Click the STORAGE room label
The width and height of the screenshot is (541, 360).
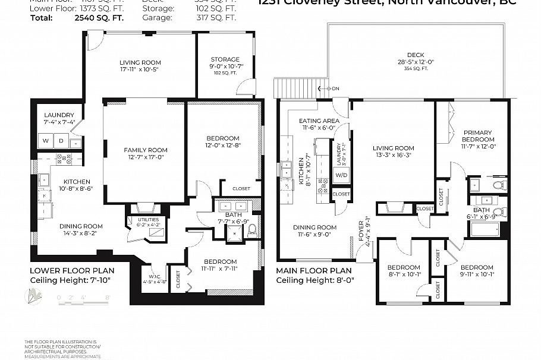coord(225,59)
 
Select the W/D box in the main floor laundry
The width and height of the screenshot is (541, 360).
coord(341,176)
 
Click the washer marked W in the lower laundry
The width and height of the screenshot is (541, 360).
coord(45,141)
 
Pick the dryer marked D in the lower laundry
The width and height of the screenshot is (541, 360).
coord(61,141)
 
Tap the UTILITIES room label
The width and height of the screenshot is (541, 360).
coord(136,219)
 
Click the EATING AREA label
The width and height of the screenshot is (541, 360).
coord(319,121)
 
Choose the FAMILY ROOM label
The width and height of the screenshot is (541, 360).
coord(146,150)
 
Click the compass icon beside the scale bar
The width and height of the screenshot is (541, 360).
coord(33,296)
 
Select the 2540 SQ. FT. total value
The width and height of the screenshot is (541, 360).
coord(102,18)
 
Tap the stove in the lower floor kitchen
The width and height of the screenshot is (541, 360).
coord(64,159)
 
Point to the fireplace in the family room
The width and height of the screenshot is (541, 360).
coord(145,208)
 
